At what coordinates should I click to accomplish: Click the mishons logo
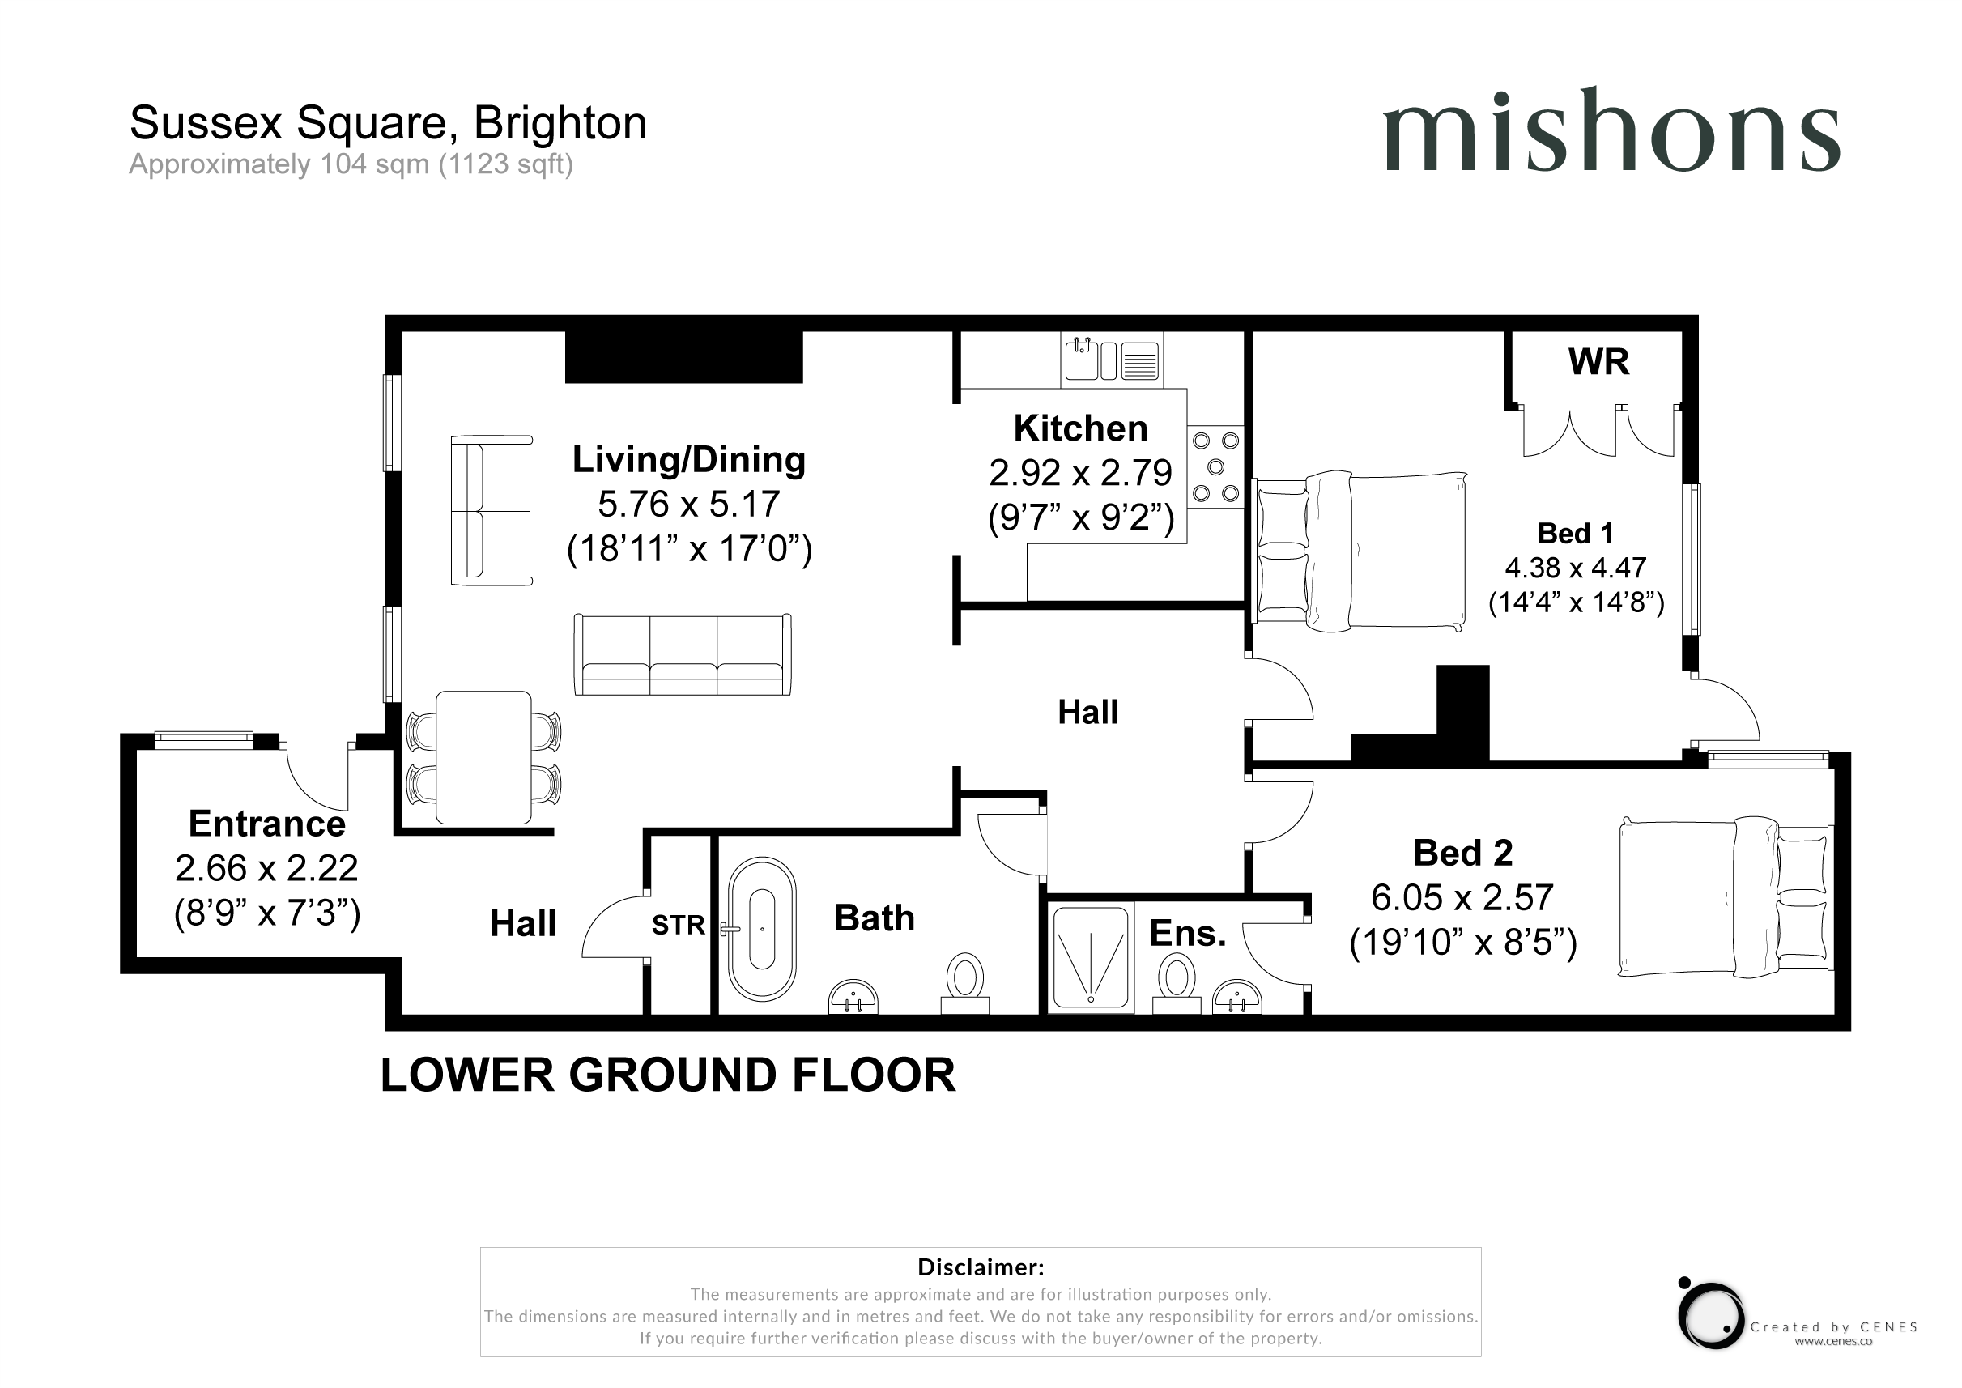tap(1611, 130)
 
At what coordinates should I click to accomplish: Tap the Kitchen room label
tap(1080, 428)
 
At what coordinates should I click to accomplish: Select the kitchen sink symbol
tap(1111, 360)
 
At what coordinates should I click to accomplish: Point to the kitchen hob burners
tap(1215, 466)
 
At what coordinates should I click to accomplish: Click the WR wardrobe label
tap(1598, 362)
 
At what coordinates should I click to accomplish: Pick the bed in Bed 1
tap(1360, 551)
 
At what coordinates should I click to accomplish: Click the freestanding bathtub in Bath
tap(761, 929)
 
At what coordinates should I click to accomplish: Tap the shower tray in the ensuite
tap(1091, 958)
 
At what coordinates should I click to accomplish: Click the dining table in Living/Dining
tap(483, 757)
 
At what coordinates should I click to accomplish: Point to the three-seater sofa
tap(683, 654)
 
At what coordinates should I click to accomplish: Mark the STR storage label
tap(679, 925)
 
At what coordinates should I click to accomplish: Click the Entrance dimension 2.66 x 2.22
tap(266, 868)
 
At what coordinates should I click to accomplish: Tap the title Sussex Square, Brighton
tap(388, 123)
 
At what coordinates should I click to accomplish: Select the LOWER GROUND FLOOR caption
tap(668, 1075)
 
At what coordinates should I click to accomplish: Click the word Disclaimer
tap(980, 1267)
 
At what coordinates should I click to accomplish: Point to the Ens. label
tap(1188, 934)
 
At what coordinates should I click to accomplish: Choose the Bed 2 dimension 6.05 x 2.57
tap(1462, 897)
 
